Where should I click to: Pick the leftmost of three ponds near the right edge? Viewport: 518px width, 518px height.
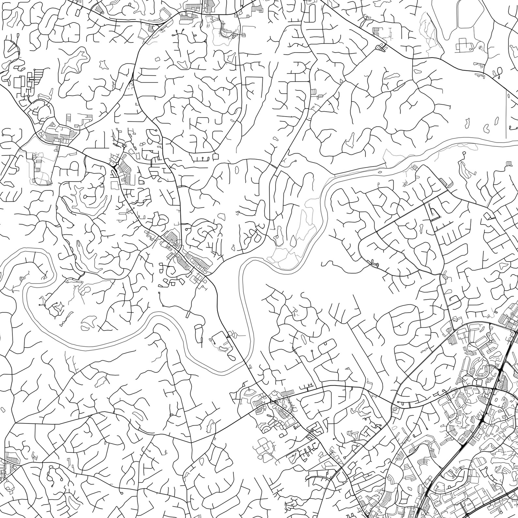click(467, 123)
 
